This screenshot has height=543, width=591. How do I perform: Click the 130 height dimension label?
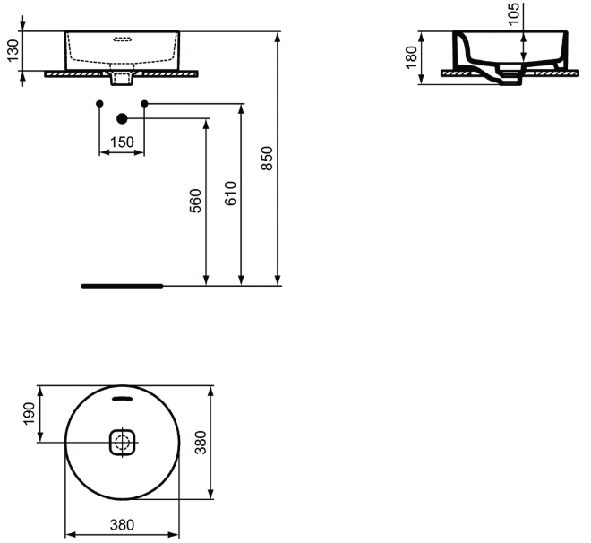pyautogui.click(x=13, y=50)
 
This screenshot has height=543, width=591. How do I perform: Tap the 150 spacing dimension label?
pyautogui.click(x=122, y=142)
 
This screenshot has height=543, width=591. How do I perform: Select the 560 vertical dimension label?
pyautogui.click(x=195, y=201)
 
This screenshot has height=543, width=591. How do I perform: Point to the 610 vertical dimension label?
pyautogui.click(x=230, y=194)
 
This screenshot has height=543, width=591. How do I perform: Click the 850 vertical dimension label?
pyautogui.click(x=267, y=159)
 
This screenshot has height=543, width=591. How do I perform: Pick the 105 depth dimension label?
pyautogui.click(x=513, y=14)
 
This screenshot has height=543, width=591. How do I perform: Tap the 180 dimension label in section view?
pyautogui.click(x=411, y=57)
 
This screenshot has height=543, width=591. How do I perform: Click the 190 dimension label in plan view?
pyautogui.click(x=29, y=414)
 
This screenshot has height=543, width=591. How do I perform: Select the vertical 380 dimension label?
pyautogui.click(x=201, y=443)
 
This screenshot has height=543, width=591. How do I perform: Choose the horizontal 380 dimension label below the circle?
pyautogui.click(x=122, y=524)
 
